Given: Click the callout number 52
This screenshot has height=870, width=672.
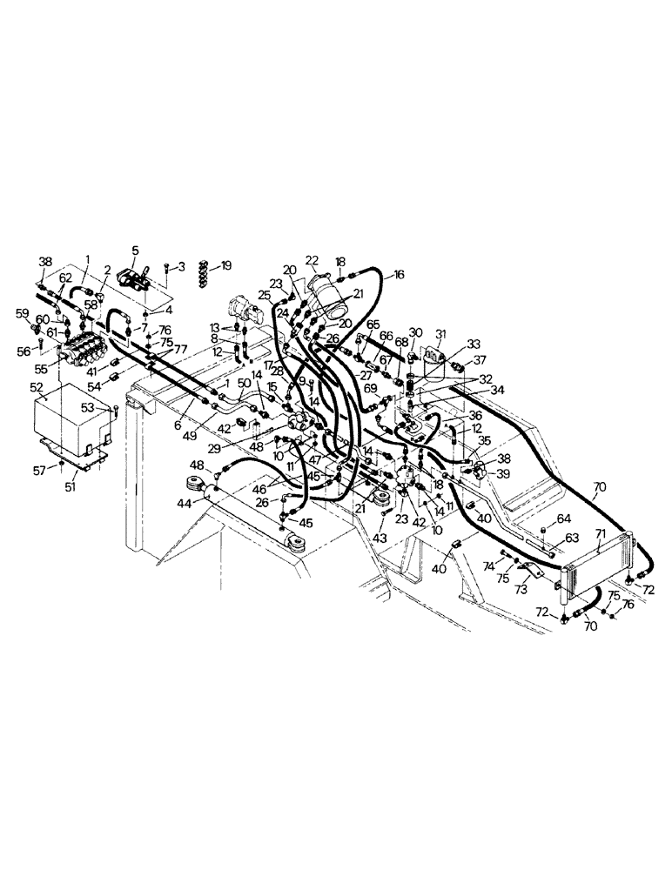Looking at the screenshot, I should tap(37, 387).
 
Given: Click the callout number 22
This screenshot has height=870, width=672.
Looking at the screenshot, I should tap(312, 260).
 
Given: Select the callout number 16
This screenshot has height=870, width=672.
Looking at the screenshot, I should tap(399, 274).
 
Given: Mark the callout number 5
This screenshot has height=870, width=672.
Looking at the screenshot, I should tap(135, 251).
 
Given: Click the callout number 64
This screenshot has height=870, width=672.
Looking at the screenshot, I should tap(564, 519).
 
